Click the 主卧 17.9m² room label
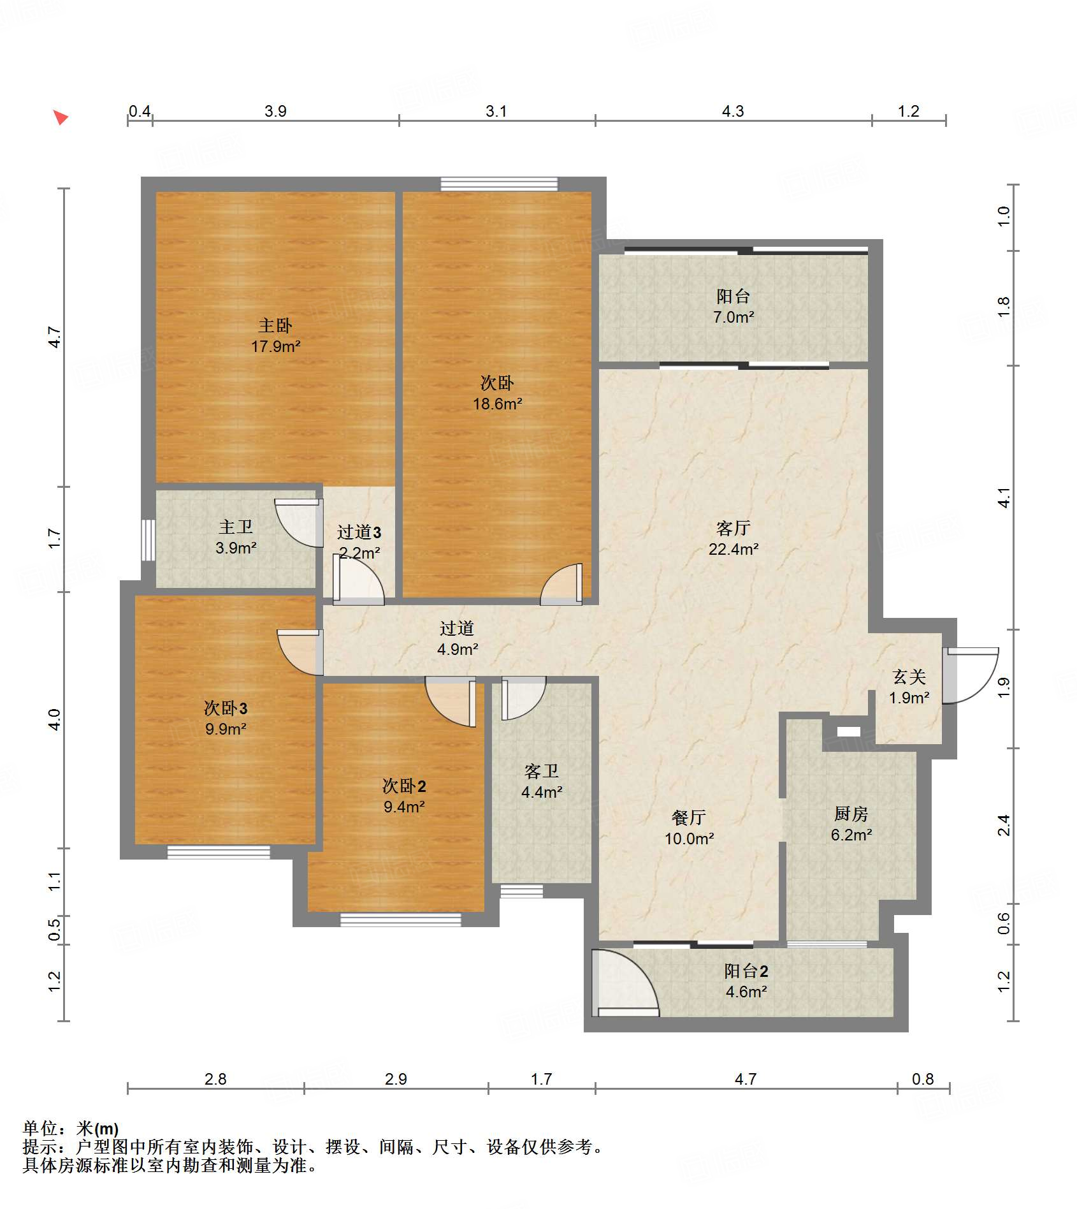[x=275, y=336]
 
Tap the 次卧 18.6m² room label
[x=497, y=393]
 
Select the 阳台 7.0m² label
[x=734, y=307]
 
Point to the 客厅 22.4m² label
[x=734, y=539]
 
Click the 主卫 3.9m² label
[x=236, y=538]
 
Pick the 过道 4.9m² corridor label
[x=458, y=639]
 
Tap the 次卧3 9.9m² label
[x=226, y=718]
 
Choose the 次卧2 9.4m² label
[x=404, y=796]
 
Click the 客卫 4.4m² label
[x=542, y=782]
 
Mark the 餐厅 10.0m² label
[x=689, y=828]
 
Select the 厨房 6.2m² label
[x=851, y=824]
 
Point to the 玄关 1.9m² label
[x=909, y=687]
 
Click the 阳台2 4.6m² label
[x=746, y=981]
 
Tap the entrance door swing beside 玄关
[x=971, y=676]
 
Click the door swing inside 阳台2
[x=625, y=983]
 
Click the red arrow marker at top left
[x=61, y=117]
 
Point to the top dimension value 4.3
[x=733, y=112]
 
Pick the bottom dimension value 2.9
[x=396, y=1079]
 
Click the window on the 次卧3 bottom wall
[x=219, y=852]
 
